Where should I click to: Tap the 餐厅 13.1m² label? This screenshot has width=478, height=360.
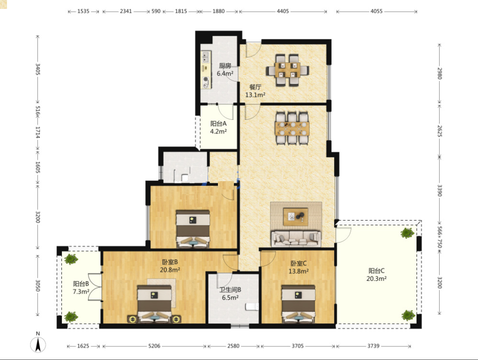[255, 91]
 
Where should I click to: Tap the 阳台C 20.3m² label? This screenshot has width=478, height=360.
[376, 274]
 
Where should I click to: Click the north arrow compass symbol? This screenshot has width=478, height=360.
[38, 344]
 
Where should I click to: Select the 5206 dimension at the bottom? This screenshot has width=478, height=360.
[154, 346]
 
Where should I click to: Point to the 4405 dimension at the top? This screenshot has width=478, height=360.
[283, 11]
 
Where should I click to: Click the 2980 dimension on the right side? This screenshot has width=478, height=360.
[439, 73]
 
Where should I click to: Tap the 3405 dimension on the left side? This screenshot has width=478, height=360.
[38, 69]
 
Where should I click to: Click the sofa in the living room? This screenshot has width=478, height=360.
[296, 238]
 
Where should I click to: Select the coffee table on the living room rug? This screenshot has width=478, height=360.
[295, 217]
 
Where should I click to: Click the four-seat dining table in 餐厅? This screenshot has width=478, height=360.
[287, 70]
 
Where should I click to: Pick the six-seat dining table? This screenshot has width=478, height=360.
[292, 128]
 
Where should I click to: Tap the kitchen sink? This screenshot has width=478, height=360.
[206, 56]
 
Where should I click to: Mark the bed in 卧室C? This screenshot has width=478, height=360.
[298, 304]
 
